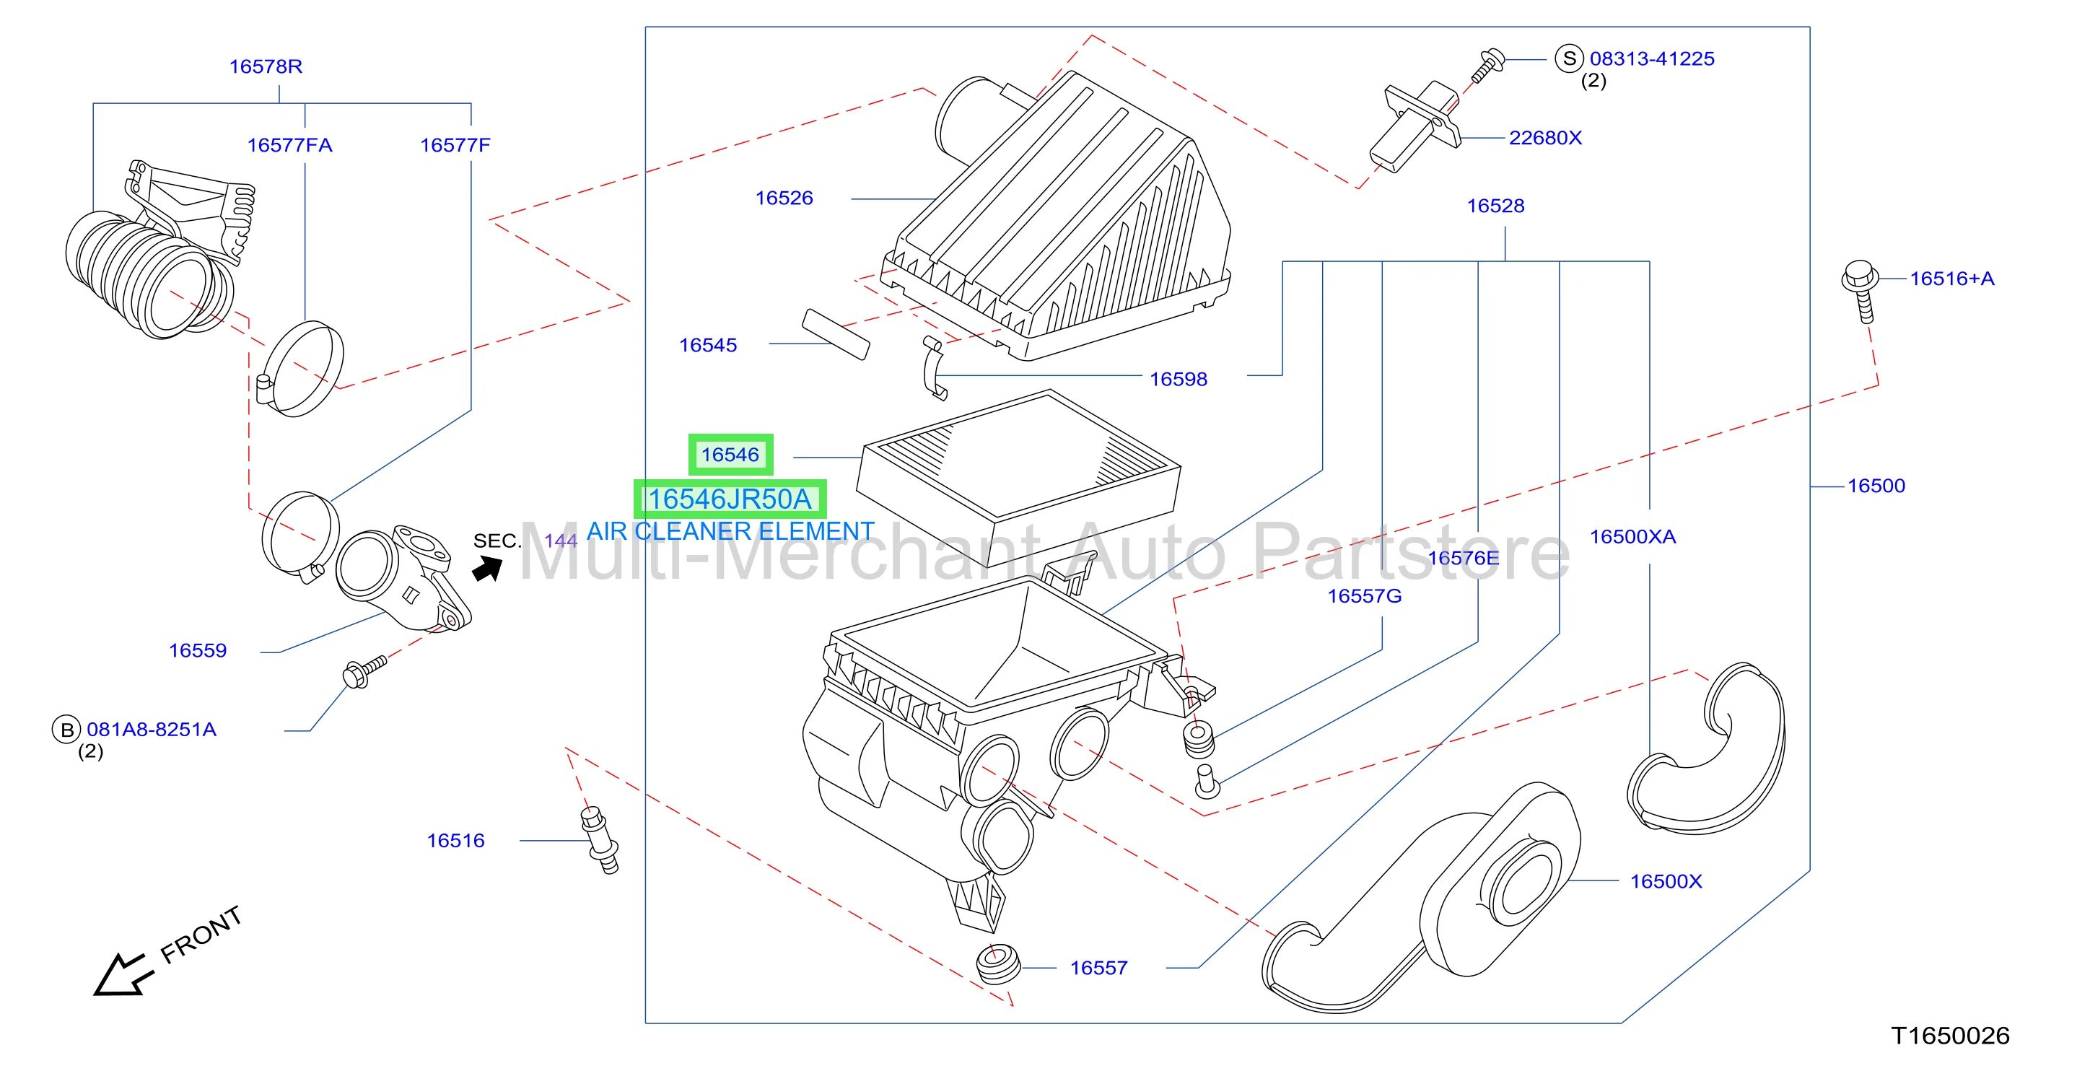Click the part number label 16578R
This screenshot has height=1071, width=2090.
click(266, 66)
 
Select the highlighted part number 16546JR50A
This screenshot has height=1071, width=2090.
click(730, 499)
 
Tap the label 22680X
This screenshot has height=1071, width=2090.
click(1545, 138)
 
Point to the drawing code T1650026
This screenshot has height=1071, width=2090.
click(1950, 1036)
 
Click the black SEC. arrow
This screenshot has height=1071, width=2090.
click(488, 569)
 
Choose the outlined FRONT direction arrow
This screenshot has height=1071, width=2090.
click(123, 974)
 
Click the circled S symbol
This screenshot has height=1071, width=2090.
click(1569, 58)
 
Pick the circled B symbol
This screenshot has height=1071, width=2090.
click(66, 730)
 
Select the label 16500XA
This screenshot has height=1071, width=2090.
click(1632, 536)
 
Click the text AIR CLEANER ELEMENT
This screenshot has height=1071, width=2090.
click(730, 531)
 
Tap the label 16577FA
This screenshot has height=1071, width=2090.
click(289, 145)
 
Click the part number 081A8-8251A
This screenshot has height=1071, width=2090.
click(152, 730)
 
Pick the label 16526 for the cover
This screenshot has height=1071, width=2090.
click(784, 198)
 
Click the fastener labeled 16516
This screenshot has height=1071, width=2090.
click(600, 840)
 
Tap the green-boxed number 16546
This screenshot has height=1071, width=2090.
click(730, 455)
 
